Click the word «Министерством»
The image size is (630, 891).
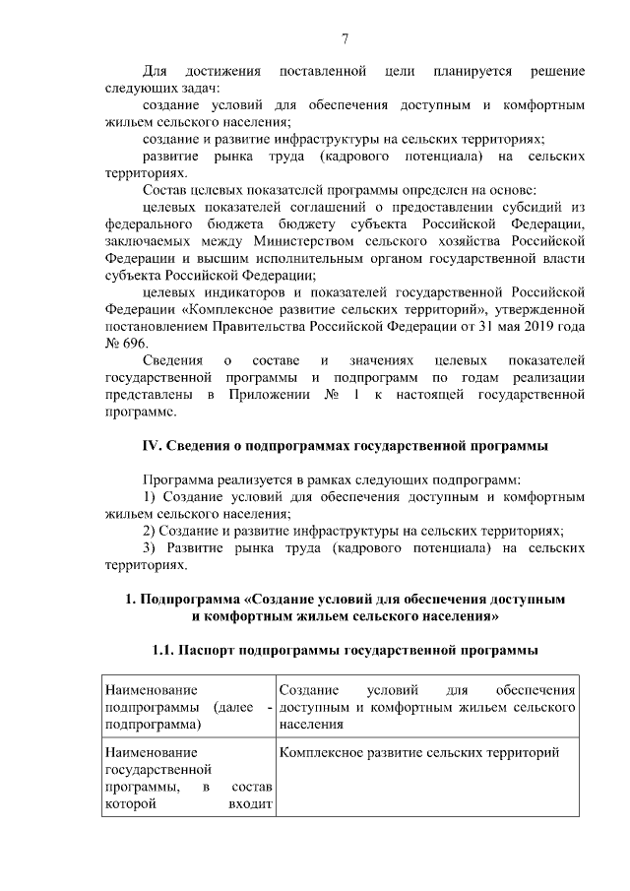click(299, 240)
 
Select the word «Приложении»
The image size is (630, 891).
click(278, 396)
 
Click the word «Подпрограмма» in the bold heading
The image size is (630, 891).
click(191, 599)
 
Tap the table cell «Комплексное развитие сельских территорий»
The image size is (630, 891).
click(420, 753)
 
